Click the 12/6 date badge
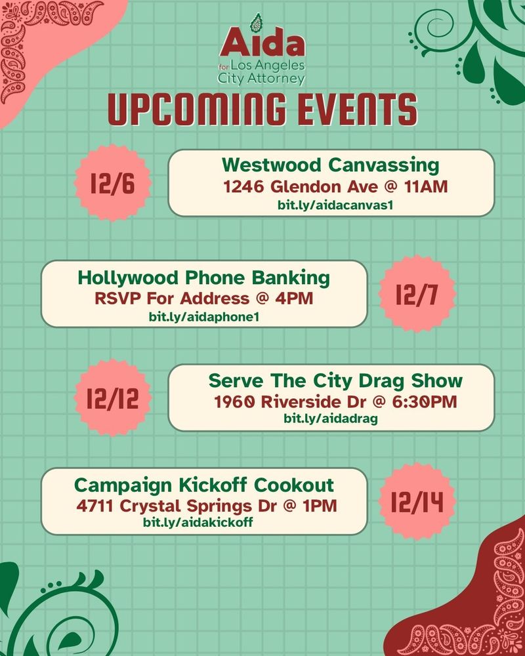[113, 183]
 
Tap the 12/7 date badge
[417, 295]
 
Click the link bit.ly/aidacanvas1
[331, 205]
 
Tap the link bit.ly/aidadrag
[331, 419]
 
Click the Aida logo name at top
[262, 44]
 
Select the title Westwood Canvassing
[331, 164]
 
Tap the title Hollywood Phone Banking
[203, 277]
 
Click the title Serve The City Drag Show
[335, 380]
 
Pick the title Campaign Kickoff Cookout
[203, 485]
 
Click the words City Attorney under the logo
[262, 79]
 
